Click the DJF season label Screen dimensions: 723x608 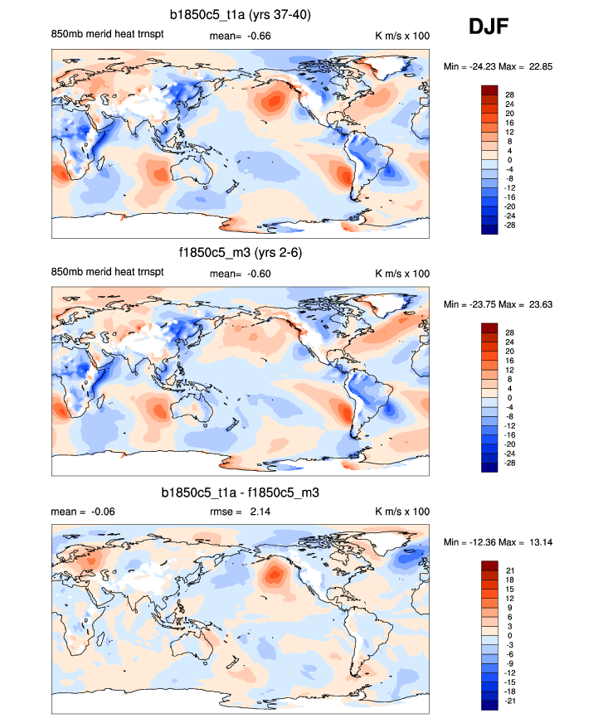(489, 27)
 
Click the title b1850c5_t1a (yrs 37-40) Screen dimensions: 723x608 (241, 14)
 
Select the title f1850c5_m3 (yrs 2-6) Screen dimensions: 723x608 (241, 253)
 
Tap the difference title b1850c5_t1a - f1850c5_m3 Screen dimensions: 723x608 (241, 493)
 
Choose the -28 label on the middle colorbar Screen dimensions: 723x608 (510, 464)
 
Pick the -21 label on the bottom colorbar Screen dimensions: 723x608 (510, 701)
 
